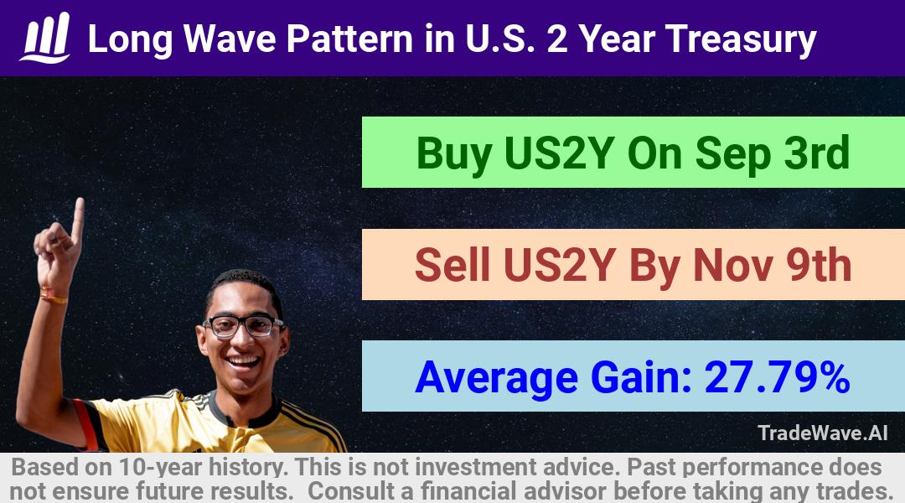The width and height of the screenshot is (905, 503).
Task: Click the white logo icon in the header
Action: coord(45,38)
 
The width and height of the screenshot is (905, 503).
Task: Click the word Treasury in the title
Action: coord(741,40)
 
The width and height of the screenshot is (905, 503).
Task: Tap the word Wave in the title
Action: coord(230,39)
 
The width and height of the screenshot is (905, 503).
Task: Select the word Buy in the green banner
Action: coord(453,154)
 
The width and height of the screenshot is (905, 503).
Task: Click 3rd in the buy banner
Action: coord(817,153)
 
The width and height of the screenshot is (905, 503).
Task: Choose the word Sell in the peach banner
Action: coord(452,265)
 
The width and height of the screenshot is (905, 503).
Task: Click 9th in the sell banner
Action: coord(819,265)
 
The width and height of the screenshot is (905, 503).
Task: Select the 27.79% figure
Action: coord(777,377)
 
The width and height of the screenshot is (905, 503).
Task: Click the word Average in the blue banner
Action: coord(496,378)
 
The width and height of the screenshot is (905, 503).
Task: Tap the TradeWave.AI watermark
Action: coord(823,433)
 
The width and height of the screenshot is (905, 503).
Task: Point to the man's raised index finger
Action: coord(77,220)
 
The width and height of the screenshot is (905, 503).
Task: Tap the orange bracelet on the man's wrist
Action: coord(53,297)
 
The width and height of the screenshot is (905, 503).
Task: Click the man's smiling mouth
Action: coord(243,362)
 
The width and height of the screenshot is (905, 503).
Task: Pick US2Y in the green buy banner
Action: coord(558,153)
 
